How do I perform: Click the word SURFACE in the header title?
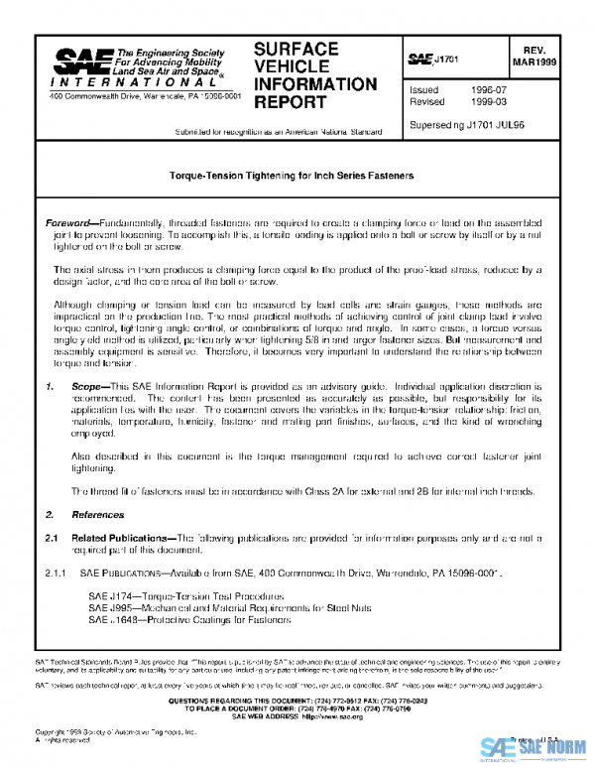(x=297, y=49)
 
